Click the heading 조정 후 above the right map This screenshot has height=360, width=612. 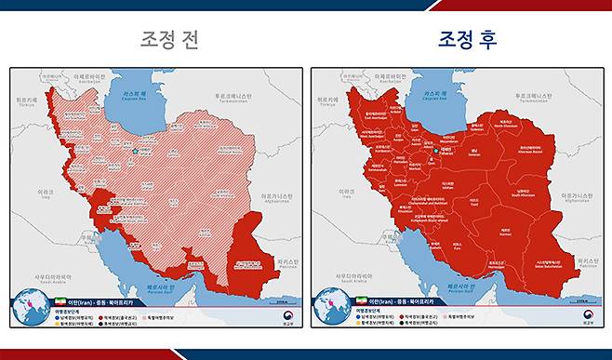click(x=468, y=40)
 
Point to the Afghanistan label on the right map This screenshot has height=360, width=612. click(x=579, y=198)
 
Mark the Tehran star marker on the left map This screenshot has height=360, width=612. click(x=135, y=151)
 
